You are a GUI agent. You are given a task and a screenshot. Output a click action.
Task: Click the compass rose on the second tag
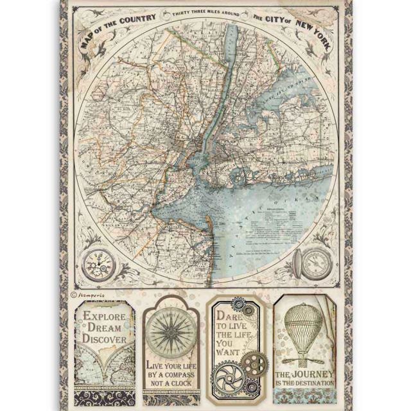[x=170, y=331]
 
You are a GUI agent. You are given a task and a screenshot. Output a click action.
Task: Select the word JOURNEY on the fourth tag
[x=315, y=375]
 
